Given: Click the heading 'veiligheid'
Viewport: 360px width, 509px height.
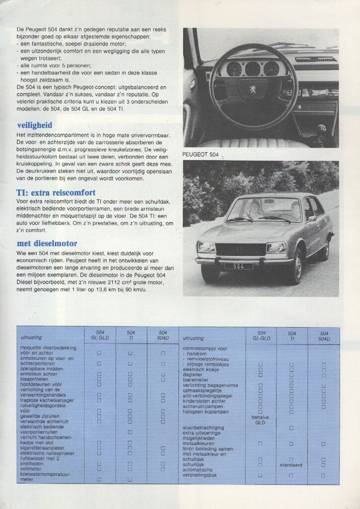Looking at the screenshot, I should pos(34,125).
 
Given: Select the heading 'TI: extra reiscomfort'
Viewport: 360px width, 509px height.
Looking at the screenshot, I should pos(56,192).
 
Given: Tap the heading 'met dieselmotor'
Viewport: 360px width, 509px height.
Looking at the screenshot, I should pos(47,244).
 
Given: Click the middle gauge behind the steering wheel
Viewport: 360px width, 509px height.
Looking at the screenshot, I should pos(253,69).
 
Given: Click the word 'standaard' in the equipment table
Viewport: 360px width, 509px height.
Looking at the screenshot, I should pos(292,465).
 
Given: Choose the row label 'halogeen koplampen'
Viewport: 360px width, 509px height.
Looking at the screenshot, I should pos(206,412).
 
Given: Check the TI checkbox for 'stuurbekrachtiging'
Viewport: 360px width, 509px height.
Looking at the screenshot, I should pos(292,428).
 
